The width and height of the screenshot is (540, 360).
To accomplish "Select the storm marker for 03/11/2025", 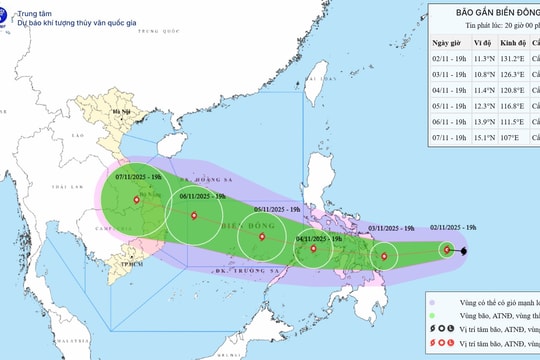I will (x=384, y=257).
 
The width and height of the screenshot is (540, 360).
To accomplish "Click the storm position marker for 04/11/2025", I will (x=313, y=248).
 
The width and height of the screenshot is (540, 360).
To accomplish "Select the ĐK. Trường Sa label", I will (x=241, y=271).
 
